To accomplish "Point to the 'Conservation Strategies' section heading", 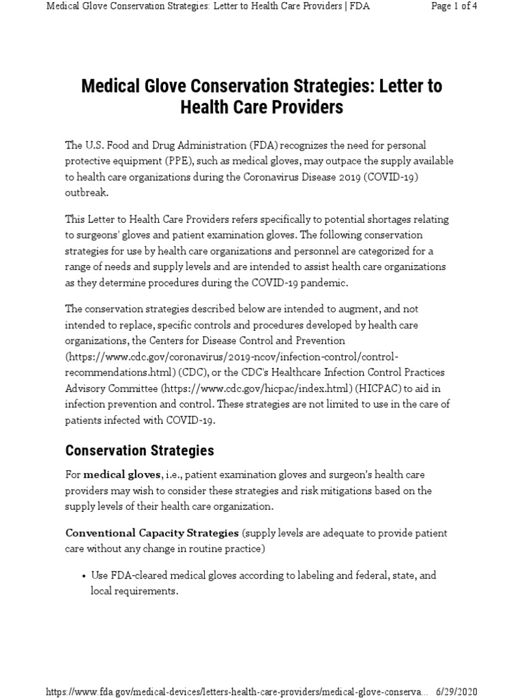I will [x=139, y=451].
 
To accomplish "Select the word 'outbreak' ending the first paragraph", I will [x=86, y=192].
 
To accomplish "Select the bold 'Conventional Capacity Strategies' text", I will [x=151, y=532].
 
